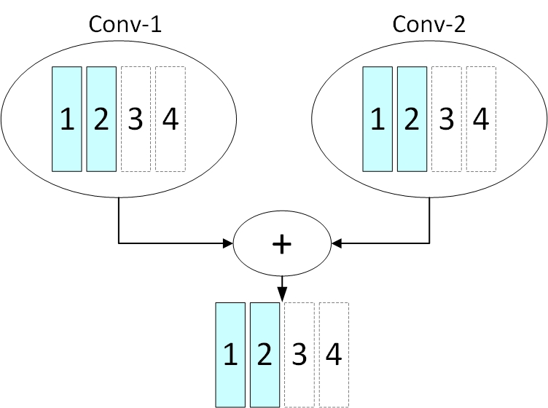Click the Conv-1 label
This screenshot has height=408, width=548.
(125, 24)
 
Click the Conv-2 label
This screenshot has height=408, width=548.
(430, 24)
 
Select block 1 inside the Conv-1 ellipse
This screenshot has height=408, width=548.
(67, 119)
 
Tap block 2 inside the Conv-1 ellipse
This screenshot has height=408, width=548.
(101, 119)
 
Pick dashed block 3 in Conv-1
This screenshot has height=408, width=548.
(136, 119)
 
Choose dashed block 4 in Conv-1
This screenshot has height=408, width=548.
(171, 119)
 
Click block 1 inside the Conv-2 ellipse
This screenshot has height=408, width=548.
(377, 119)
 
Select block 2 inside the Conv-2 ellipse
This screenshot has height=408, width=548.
(412, 119)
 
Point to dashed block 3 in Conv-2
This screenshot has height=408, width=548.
(447, 119)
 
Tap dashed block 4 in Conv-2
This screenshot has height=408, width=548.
(481, 119)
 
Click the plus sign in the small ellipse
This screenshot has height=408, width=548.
(281, 245)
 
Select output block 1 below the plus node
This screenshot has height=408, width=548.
(230, 355)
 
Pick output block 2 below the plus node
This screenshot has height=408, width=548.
(265, 355)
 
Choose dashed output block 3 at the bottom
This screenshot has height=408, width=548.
(299, 355)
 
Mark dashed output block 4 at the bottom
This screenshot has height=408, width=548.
(334, 355)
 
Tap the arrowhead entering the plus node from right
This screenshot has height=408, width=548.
(335, 243)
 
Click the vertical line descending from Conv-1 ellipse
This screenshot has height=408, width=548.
(119, 220)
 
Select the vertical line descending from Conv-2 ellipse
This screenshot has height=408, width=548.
(430, 220)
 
